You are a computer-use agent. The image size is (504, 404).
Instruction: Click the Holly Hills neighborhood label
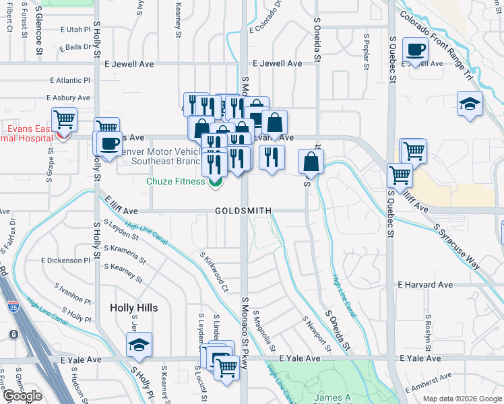(x=133, y=308)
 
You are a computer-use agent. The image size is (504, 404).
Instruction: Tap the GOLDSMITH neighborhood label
(x=243, y=211)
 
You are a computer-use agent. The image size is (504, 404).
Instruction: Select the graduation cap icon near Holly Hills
(x=139, y=345)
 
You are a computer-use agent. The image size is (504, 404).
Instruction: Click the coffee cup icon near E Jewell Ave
(x=415, y=49)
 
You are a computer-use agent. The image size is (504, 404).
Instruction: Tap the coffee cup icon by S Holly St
(x=109, y=143)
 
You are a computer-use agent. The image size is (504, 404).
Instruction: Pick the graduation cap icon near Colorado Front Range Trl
(x=469, y=104)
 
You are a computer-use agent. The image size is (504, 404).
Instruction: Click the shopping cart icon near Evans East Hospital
(x=63, y=120)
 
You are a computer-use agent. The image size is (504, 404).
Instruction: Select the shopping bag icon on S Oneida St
(x=311, y=162)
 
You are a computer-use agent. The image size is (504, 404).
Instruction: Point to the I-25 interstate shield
(x=13, y=335)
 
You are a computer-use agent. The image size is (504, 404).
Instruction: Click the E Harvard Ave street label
(x=425, y=285)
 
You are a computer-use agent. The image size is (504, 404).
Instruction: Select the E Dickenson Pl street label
(x=65, y=260)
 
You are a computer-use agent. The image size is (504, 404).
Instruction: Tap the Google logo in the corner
(x=22, y=396)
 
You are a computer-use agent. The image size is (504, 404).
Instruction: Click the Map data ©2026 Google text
(x=462, y=399)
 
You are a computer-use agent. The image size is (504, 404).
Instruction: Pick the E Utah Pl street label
(x=75, y=30)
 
